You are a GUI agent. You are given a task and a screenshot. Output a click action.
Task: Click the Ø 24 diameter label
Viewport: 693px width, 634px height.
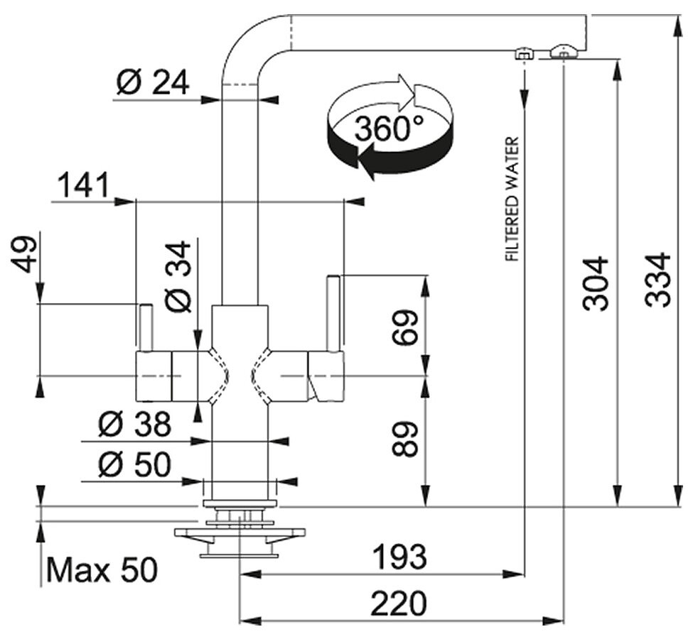click(x=153, y=82)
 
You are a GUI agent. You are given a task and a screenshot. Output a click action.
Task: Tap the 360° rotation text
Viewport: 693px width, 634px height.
click(x=389, y=128)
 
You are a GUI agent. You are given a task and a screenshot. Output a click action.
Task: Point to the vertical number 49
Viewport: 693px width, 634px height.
click(x=24, y=255)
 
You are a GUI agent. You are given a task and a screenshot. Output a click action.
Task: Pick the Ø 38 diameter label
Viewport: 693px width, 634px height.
click(x=134, y=425)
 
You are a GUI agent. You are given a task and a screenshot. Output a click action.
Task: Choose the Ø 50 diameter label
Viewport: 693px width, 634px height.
click(x=134, y=464)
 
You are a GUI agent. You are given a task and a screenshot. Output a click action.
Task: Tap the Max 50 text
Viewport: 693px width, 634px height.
click(x=102, y=569)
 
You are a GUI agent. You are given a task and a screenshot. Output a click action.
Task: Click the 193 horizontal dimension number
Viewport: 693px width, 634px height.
click(x=400, y=557)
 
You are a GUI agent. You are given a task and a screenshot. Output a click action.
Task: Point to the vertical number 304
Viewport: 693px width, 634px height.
click(x=596, y=283)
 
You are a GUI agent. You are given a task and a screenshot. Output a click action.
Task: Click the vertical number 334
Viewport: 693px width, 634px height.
click(x=657, y=280)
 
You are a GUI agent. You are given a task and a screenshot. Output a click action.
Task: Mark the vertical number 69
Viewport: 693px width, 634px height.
click(x=404, y=327)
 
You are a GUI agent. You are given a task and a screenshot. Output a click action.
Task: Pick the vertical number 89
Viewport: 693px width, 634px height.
click(x=404, y=439)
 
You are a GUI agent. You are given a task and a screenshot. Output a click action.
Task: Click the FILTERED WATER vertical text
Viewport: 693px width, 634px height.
click(x=512, y=199)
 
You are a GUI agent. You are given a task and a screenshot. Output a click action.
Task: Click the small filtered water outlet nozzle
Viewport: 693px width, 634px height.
click(x=523, y=53)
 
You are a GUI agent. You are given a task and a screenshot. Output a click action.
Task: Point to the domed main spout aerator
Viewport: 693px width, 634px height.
click(x=563, y=51)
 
